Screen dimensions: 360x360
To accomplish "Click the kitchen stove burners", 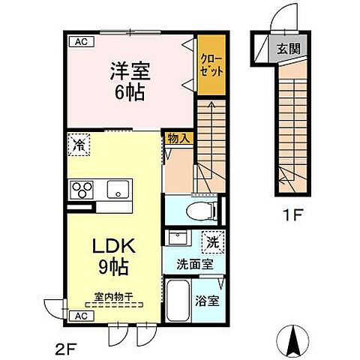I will coord(80,188).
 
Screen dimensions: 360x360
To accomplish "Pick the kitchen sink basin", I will coord(117,188).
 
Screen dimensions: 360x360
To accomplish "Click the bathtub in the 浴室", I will coord(178,301).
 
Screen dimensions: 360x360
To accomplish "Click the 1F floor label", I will coord(292,213).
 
